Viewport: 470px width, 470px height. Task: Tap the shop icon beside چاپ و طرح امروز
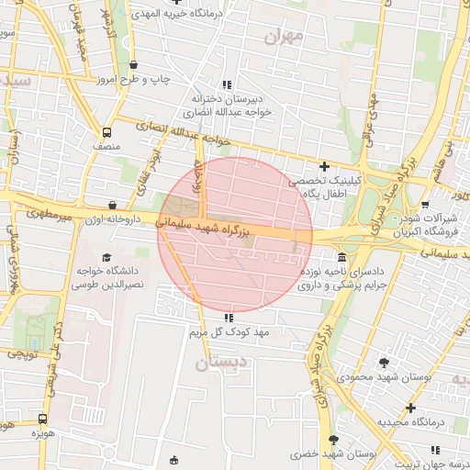tap(135, 65)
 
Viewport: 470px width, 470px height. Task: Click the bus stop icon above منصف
tap(107, 131)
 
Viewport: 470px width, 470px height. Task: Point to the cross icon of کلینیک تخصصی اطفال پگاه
tap(324, 166)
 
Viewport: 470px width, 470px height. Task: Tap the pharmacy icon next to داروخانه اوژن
tap(113, 206)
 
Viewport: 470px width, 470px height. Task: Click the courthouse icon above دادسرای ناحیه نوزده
tap(342, 257)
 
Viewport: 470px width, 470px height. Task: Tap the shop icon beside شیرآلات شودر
tap(424, 205)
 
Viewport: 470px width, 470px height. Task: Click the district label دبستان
tap(220, 363)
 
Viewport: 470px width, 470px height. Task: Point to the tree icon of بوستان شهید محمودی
tap(383, 363)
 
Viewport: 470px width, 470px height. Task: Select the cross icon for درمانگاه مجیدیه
tap(410, 408)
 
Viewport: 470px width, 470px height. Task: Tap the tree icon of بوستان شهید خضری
tap(333, 440)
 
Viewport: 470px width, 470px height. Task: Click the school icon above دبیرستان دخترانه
tap(227, 84)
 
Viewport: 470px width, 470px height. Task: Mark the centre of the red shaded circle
tap(235, 235)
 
